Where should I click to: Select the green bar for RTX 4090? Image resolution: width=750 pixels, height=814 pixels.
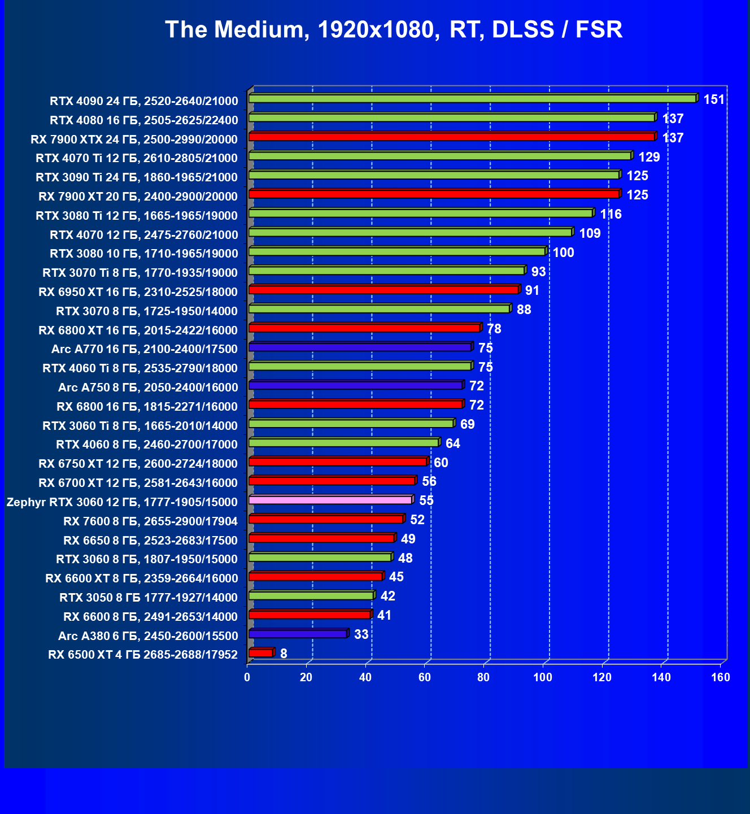[472, 99]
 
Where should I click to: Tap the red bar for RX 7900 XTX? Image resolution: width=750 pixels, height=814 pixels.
[451, 137]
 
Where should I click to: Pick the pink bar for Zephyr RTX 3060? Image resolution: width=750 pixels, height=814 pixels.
[330, 500]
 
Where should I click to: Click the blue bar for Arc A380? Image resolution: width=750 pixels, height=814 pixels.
[298, 634]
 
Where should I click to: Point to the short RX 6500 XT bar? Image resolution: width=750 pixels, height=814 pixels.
[261, 653]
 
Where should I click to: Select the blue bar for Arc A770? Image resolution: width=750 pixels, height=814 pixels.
[360, 347]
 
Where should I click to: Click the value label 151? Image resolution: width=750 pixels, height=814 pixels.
[714, 100]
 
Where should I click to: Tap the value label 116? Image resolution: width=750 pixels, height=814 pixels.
[611, 215]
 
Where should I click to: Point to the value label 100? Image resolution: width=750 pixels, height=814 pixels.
[563, 253]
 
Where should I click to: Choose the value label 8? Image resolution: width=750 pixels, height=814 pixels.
[284, 654]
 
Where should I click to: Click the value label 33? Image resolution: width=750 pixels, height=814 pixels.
[361, 634]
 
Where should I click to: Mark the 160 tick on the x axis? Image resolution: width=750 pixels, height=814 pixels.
[721, 677]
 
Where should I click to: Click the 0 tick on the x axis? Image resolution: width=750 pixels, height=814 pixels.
[247, 677]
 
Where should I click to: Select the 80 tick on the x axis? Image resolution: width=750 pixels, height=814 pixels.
[484, 677]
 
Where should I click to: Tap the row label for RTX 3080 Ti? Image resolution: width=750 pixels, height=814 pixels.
[137, 215]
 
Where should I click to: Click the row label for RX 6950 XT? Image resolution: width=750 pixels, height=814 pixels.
[138, 292]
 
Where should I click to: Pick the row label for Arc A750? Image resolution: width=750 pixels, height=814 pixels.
[148, 388]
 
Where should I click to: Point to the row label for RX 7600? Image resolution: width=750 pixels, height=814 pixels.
[150, 521]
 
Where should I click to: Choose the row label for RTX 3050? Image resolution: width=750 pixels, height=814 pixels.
[149, 598]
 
